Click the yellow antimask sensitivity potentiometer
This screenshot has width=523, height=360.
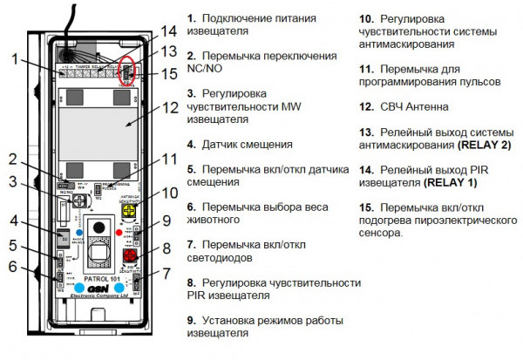133,210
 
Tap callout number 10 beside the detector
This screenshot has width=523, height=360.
169,190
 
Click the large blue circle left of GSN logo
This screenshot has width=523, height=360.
79,286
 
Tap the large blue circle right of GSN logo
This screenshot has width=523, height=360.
120,286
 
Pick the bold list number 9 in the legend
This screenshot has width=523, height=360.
191,320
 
